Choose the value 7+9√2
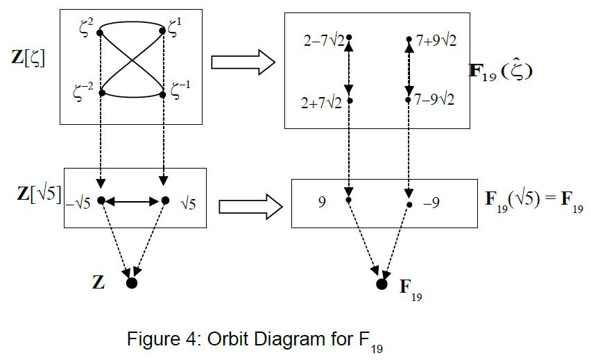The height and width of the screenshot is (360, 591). point(436,40)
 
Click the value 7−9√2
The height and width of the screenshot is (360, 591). point(436,100)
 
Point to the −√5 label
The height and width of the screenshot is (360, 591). point(82,203)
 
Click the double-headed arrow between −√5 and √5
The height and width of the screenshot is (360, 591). point(133,202)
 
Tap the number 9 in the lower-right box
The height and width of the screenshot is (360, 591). point(323,203)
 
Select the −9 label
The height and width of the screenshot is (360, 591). point(431,203)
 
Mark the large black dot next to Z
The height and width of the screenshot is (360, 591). point(132,282)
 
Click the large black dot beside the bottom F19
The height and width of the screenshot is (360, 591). point(382,284)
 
